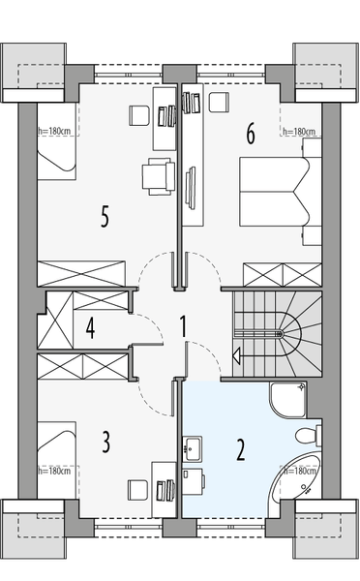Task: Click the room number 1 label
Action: point(183,327)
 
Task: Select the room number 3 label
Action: point(106,443)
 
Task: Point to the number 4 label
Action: point(90,327)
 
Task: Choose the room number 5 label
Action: point(105,215)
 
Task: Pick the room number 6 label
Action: point(250,135)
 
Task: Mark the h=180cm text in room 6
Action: point(299,132)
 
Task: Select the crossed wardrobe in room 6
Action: point(280,272)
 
